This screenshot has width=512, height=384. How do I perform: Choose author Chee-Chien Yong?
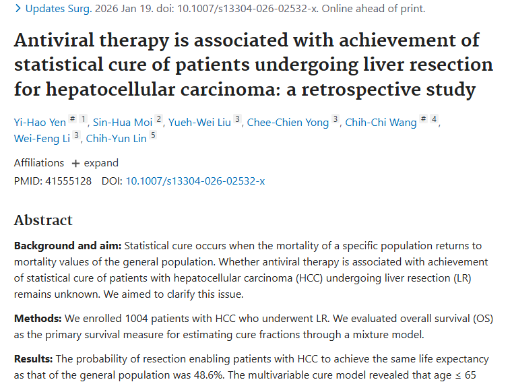click(x=288, y=122)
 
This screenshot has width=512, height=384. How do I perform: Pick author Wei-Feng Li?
click(x=42, y=139)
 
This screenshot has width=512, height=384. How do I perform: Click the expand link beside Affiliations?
click(x=95, y=163)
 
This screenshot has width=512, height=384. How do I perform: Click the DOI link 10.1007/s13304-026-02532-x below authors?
click(x=195, y=181)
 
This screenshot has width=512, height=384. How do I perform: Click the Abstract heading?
click(x=43, y=220)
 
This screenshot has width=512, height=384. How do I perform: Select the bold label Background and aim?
click(x=67, y=246)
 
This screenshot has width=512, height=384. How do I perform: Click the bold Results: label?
click(x=34, y=359)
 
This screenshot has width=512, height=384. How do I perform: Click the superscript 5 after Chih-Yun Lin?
click(x=153, y=135)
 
